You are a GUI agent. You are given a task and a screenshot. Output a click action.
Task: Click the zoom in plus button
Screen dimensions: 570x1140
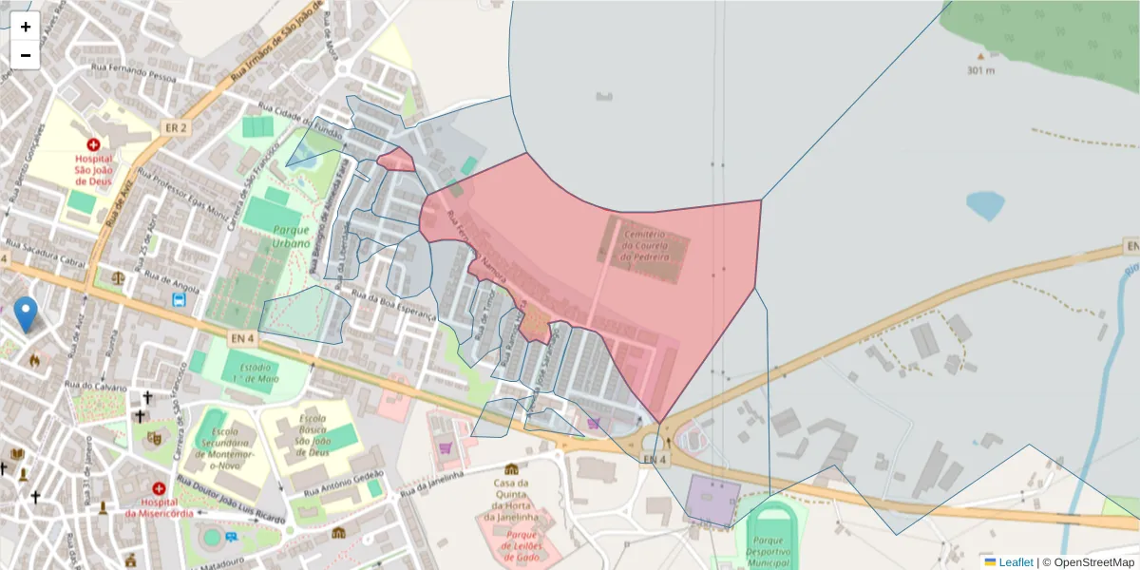[26, 27]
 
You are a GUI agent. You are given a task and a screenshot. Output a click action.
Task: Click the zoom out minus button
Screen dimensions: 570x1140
[26, 55]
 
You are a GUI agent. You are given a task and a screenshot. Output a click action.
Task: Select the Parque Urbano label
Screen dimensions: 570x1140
[292, 237]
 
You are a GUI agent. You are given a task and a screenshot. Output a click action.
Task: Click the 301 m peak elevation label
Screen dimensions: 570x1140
[980, 70]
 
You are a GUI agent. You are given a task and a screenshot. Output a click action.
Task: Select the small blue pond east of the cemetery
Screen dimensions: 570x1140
[985, 205]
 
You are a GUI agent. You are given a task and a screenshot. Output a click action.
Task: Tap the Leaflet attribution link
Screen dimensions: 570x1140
[1015, 562]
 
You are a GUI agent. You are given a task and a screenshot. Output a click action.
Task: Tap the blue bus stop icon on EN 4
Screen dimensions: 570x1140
[179, 301]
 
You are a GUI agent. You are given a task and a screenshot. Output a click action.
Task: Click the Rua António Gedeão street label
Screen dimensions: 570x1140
[345, 483]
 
